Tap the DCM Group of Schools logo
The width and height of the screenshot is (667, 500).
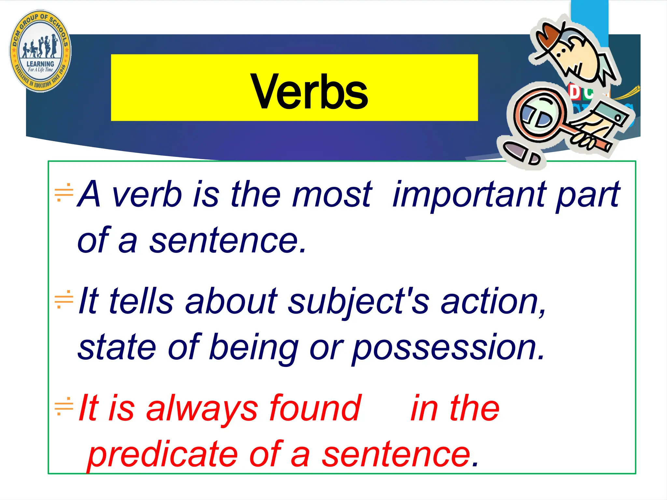40,51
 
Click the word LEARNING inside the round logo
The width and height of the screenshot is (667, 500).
40,64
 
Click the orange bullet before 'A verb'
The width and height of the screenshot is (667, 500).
64,192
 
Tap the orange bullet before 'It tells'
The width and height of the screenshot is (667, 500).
64,299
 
